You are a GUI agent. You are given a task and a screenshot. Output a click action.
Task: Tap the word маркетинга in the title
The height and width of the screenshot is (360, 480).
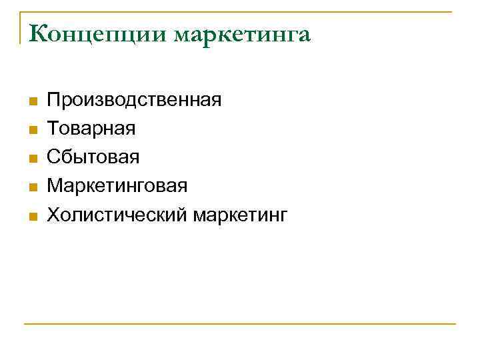click(243, 35)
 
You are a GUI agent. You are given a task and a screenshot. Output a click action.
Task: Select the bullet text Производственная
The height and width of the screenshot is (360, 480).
click(134, 101)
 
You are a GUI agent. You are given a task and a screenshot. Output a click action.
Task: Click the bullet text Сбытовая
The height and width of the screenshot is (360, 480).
click(93, 158)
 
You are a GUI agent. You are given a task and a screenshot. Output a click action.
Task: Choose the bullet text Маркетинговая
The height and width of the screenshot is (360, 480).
click(117, 187)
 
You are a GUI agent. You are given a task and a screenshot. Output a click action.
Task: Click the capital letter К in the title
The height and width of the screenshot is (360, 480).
click(38, 33)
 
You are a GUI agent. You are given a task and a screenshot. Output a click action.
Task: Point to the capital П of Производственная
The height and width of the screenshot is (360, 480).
click(54, 101)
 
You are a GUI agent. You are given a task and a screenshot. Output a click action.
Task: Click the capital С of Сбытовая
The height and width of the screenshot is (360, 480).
click(54, 158)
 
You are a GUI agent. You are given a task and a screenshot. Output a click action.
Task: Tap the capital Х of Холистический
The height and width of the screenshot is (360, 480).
click(53, 215)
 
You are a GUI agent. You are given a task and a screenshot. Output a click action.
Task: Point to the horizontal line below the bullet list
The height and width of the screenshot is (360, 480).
click(240, 324)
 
